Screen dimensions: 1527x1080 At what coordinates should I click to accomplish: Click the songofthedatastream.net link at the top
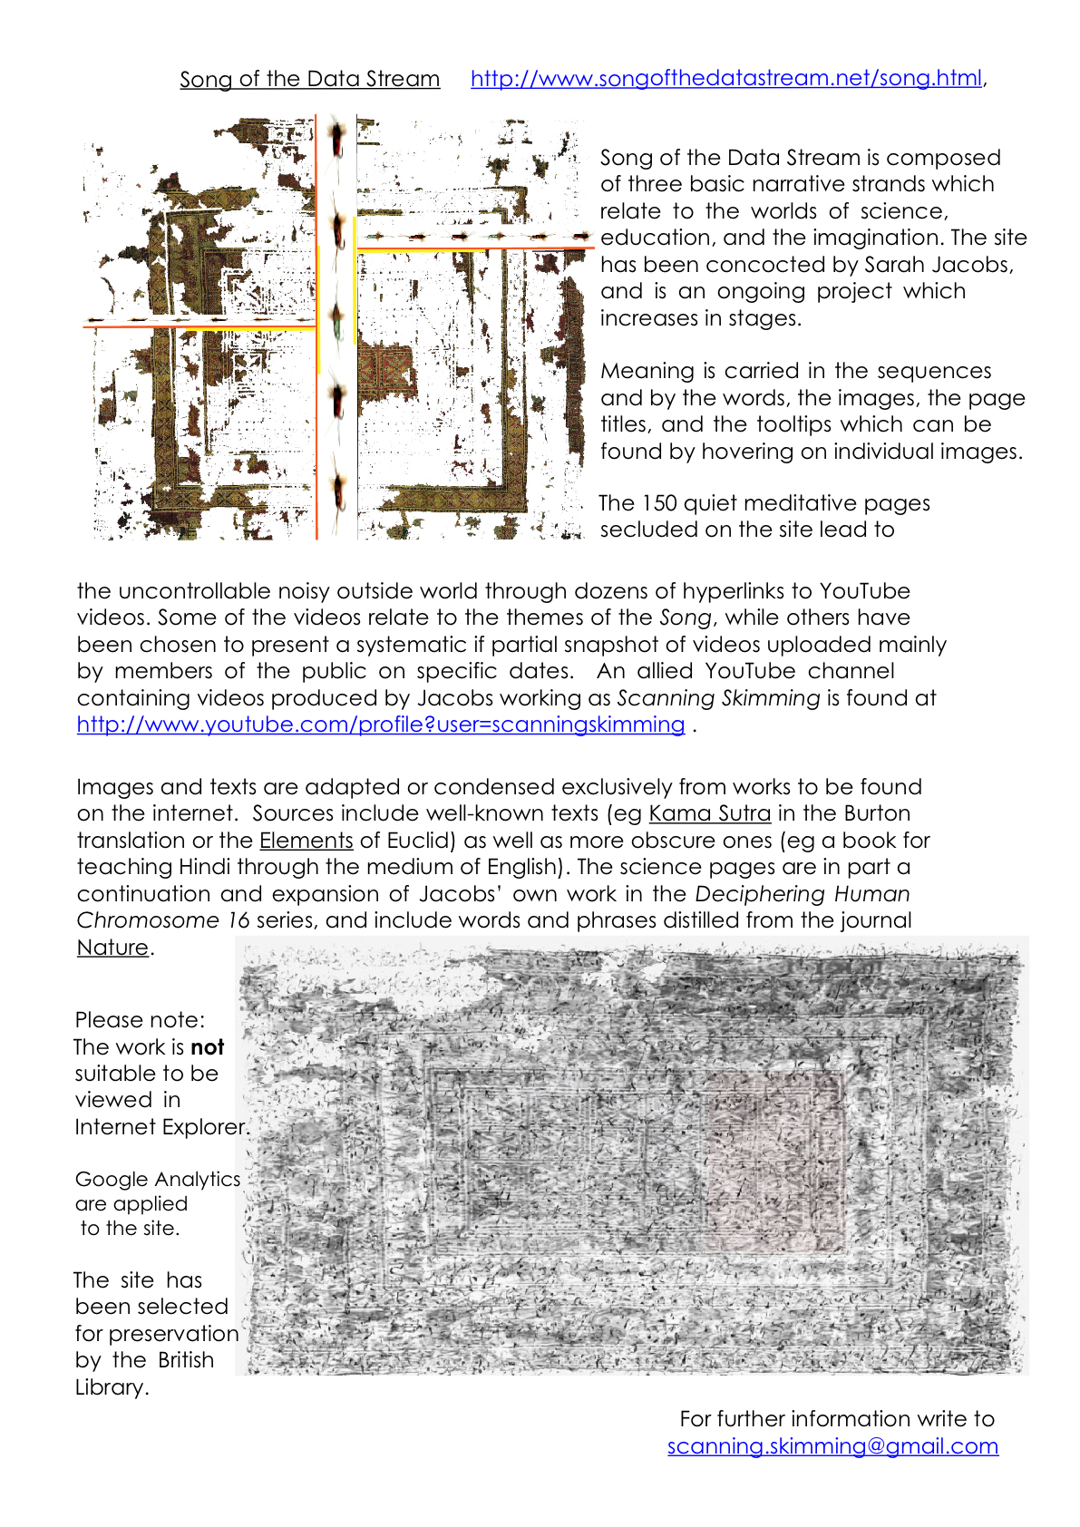(725, 79)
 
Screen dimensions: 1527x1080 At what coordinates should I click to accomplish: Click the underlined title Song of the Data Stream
(309, 80)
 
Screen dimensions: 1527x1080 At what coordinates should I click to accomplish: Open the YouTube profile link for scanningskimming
(380, 725)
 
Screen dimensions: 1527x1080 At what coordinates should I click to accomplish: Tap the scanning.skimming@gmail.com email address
(832, 1446)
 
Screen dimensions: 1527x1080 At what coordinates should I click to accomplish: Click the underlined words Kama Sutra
(710, 813)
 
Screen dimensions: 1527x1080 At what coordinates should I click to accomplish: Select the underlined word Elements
(306, 841)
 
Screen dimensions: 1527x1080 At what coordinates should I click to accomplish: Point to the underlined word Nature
(112, 948)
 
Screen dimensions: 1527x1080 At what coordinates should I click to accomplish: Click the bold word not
(208, 1047)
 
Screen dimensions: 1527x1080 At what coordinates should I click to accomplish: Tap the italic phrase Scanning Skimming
(718, 698)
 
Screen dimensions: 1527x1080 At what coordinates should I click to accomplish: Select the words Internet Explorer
(161, 1127)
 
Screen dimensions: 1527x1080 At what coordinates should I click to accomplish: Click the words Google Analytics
(158, 1180)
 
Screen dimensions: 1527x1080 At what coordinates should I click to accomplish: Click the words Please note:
(140, 1020)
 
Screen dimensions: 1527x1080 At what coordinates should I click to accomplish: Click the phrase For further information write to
(836, 1419)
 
